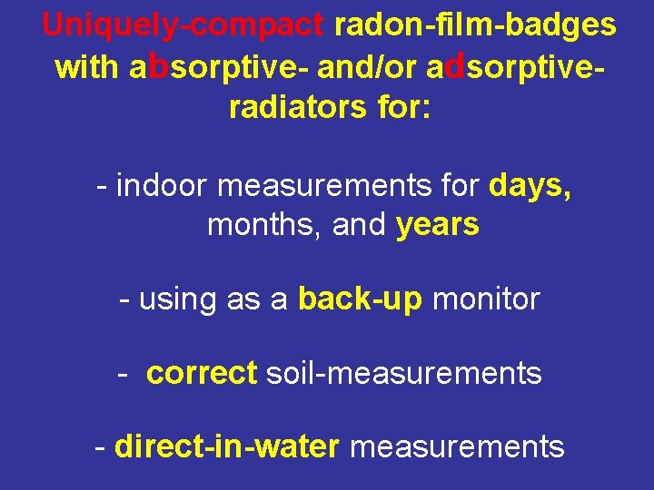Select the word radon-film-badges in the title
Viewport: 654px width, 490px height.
475,24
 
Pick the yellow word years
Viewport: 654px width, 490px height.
438,225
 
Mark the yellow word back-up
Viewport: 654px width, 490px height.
360,299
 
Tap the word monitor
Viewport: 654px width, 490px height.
486,299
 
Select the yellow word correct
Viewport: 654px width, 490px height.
202,373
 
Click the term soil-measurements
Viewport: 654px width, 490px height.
403,373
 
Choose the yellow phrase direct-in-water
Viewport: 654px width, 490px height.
227,446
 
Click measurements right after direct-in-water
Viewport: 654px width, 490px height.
457,446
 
